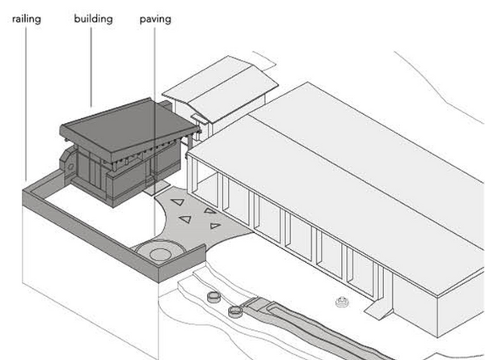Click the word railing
(x=26, y=18)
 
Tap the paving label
(x=154, y=18)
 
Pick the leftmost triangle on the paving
(x=177, y=202)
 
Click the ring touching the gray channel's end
(x=235, y=311)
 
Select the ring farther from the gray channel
(x=215, y=297)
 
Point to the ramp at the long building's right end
(x=377, y=311)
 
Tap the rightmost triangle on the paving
(x=215, y=226)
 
